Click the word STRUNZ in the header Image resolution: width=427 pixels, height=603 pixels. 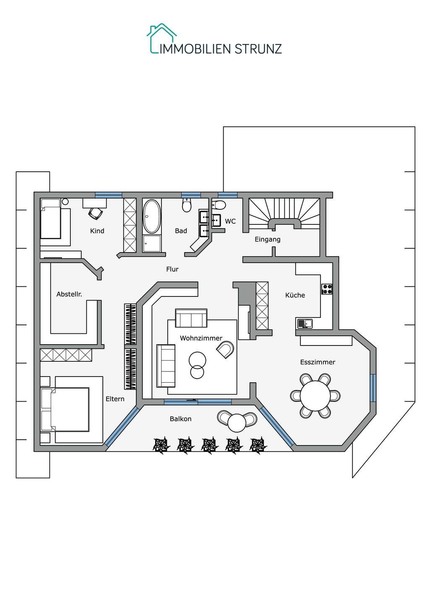point(258,49)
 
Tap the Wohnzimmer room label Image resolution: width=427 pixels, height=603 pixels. point(201,338)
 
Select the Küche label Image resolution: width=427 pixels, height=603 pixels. point(295,295)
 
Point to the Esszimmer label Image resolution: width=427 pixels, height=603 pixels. point(318,362)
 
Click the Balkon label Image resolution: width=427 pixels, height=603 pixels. point(180,419)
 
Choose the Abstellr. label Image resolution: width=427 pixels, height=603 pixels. point(69,294)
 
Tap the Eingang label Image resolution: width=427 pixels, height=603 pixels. point(268,240)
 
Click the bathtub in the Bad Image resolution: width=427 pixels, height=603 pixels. point(152,216)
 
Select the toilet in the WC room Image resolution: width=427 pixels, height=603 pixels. point(219,205)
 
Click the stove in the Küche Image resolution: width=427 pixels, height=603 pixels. point(327,289)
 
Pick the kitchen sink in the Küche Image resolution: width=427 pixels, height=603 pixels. point(305,323)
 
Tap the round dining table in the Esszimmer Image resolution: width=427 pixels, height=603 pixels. point(315,395)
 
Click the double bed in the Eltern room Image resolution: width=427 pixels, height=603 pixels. point(65,409)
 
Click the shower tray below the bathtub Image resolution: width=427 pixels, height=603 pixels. point(151,244)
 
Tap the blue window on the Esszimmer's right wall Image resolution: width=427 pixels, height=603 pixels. point(373,387)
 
